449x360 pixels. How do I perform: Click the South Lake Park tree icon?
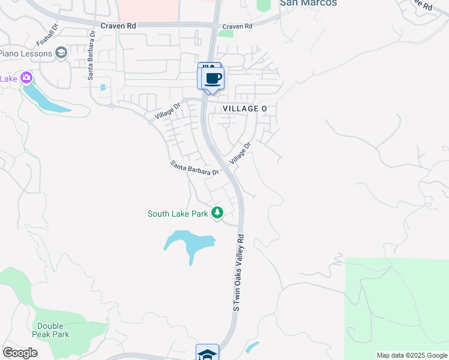pos(217,213)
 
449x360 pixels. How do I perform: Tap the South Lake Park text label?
pos(178,214)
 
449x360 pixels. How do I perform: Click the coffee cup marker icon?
pos(213,79)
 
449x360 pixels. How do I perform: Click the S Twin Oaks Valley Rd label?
pos(239,272)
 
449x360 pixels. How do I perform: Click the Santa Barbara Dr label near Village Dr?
pos(194,168)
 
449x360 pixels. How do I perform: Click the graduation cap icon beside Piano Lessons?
pos(61,53)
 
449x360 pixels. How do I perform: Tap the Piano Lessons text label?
pos(25,53)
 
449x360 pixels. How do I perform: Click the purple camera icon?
pos(26,78)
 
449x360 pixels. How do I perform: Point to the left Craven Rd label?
pos(119,26)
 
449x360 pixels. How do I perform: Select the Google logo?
pos(20,353)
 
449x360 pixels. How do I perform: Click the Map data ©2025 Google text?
pos(411,355)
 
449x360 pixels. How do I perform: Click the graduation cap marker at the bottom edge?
pos(207,353)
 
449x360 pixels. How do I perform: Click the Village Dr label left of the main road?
pos(167,110)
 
